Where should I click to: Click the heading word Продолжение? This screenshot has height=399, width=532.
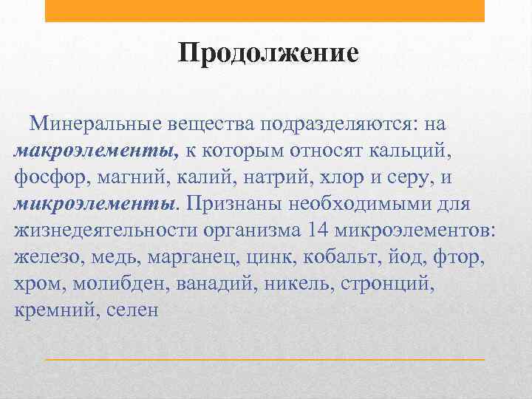[268, 54]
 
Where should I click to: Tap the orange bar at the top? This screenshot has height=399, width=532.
[265, 10]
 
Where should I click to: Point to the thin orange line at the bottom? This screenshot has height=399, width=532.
[265, 359]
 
